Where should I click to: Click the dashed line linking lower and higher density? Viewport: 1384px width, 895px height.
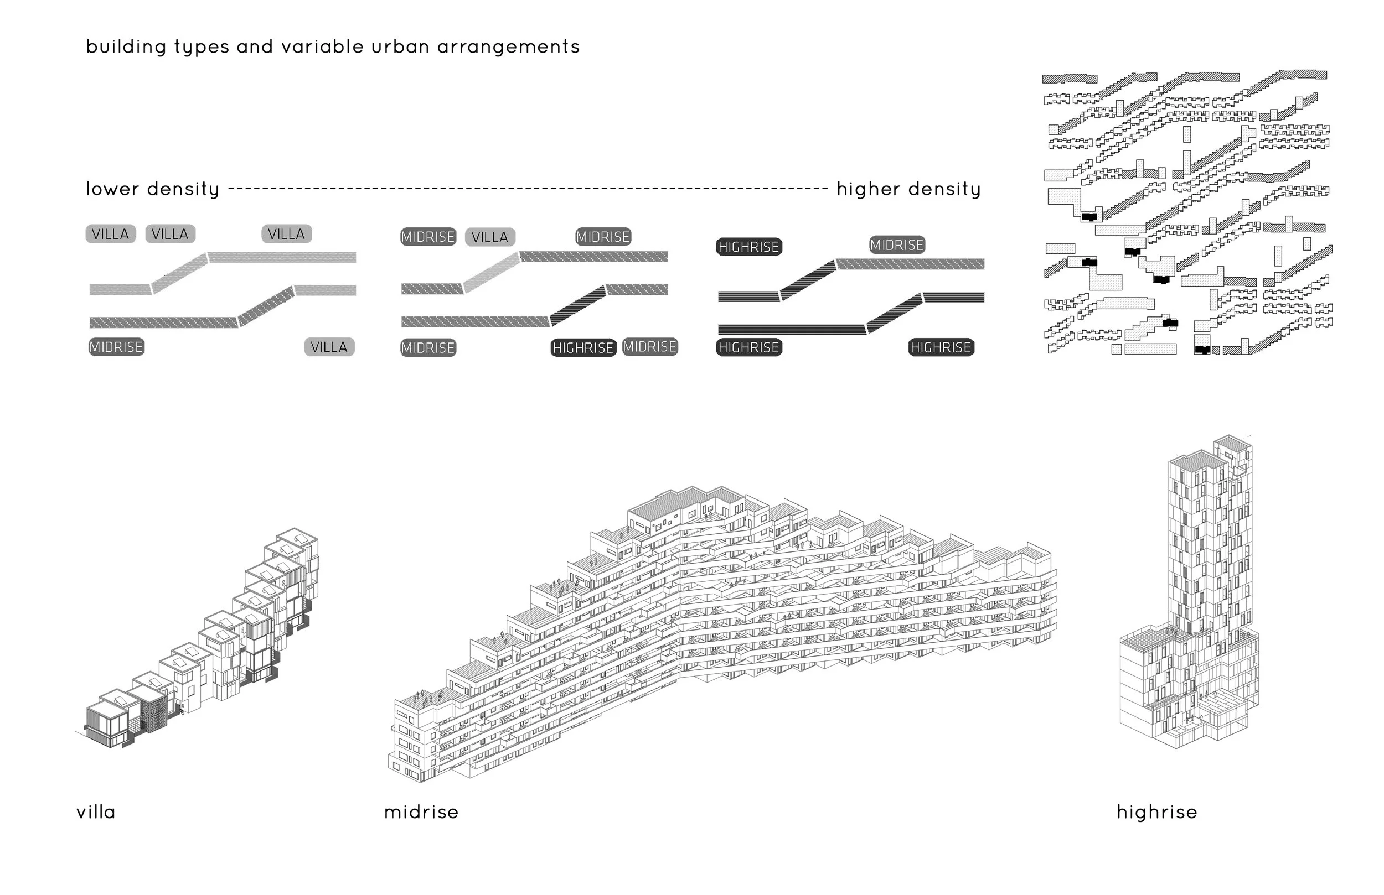[x=527, y=188]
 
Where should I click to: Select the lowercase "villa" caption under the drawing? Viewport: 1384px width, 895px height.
[x=96, y=812]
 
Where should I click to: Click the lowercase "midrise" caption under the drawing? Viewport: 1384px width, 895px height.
[x=421, y=812]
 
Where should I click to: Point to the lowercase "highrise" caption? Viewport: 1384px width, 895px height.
[x=1156, y=812]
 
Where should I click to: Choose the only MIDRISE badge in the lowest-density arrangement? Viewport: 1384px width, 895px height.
[x=116, y=347]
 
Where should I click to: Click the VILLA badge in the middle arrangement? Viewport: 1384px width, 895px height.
[x=489, y=237]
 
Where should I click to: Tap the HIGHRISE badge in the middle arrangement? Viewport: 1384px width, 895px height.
[x=583, y=347]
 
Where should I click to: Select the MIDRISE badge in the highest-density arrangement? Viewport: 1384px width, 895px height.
[x=897, y=244]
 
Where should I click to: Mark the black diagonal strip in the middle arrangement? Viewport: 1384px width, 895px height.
[x=577, y=305]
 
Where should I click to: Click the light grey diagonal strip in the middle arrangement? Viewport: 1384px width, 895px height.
[x=492, y=272]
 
